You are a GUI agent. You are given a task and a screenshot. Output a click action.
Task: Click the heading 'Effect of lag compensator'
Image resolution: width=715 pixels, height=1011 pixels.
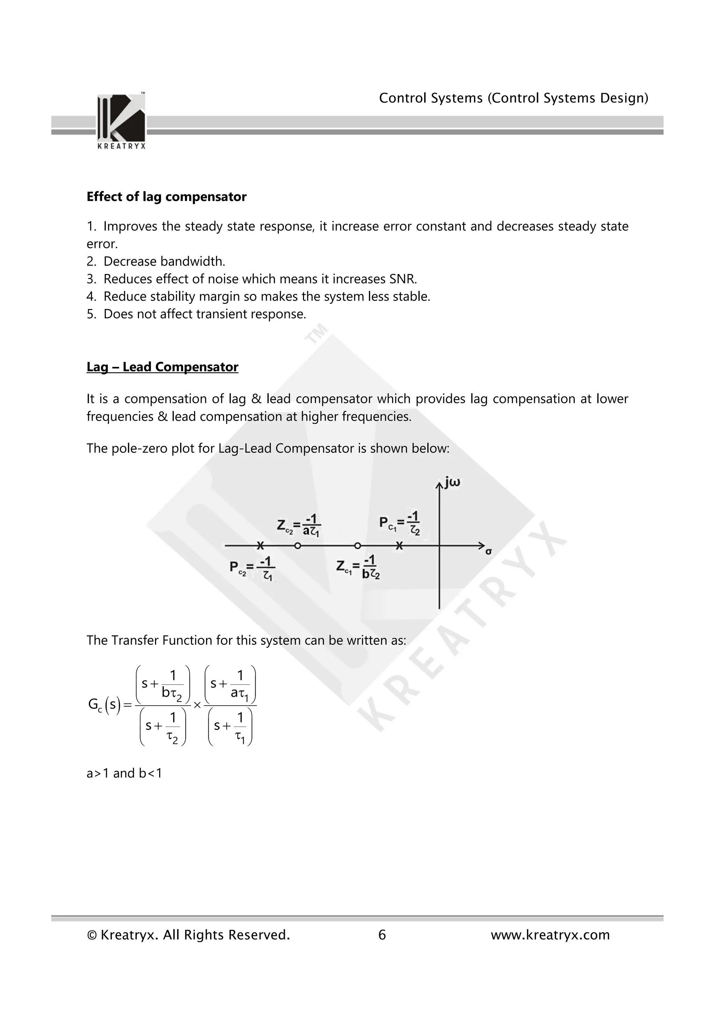pyautogui.click(x=167, y=197)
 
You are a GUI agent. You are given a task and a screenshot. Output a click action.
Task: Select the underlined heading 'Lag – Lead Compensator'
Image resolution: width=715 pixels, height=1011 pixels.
pyautogui.click(x=162, y=367)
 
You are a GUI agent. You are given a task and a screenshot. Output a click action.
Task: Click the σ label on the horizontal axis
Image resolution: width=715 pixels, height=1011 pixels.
pyautogui.click(x=488, y=551)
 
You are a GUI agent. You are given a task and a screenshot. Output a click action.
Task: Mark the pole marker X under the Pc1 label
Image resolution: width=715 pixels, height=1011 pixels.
pyautogui.click(x=399, y=546)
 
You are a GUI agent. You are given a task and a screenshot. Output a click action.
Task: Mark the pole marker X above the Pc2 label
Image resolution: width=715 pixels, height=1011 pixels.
pyautogui.click(x=260, y=546)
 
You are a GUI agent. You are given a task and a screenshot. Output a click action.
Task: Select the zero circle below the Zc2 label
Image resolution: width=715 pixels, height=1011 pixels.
pyautogui.click(x=297, y=546)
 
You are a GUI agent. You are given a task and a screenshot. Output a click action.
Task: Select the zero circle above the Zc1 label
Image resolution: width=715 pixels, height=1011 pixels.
pyautogui.click(x=357, y=546)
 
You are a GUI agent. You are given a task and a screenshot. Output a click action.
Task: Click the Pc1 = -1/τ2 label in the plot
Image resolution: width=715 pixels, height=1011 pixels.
pyautogui.click(x=399, y=523)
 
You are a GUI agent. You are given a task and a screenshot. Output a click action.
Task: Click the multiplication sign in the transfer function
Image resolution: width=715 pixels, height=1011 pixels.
pyautogui.click(x=197, y=706)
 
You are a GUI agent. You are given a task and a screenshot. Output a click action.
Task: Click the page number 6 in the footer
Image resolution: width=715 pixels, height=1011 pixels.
pyautogui.click(x=382, y=935)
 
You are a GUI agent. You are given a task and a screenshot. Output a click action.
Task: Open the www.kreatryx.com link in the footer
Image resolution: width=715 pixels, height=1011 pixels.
pyautogui.click(x=550, y=935)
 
